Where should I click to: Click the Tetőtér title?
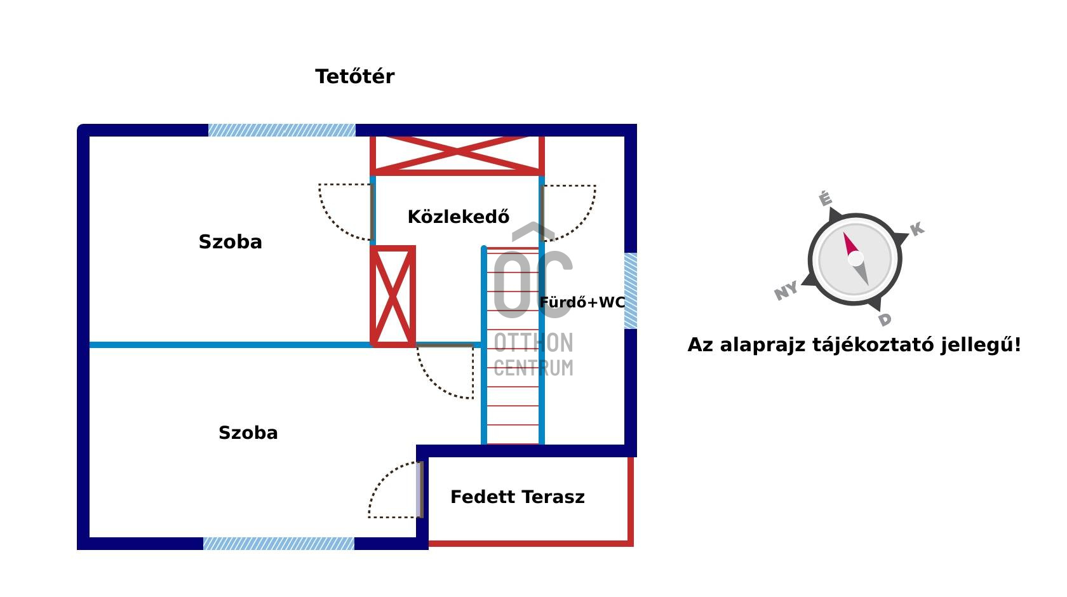click(x=354, y=77)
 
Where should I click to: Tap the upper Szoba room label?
click(x=230, y=242)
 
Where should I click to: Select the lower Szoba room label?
click(x=248, y=433)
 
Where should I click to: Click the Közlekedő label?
click(x=458, y=217)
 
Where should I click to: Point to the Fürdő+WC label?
click(x=582, y=302)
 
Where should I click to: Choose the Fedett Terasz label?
click(x=517, y=497)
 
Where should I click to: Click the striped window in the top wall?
click(x=281, y=130)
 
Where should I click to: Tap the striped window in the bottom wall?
click(x=278, y=544)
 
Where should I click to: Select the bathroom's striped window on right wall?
click(x=630, y=291)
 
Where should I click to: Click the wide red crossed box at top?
click(x=457, y=154)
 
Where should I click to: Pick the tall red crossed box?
click(x=393, y=296)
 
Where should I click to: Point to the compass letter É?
click(x=825, y=199)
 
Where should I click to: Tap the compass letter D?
click(x=885, y=319)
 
